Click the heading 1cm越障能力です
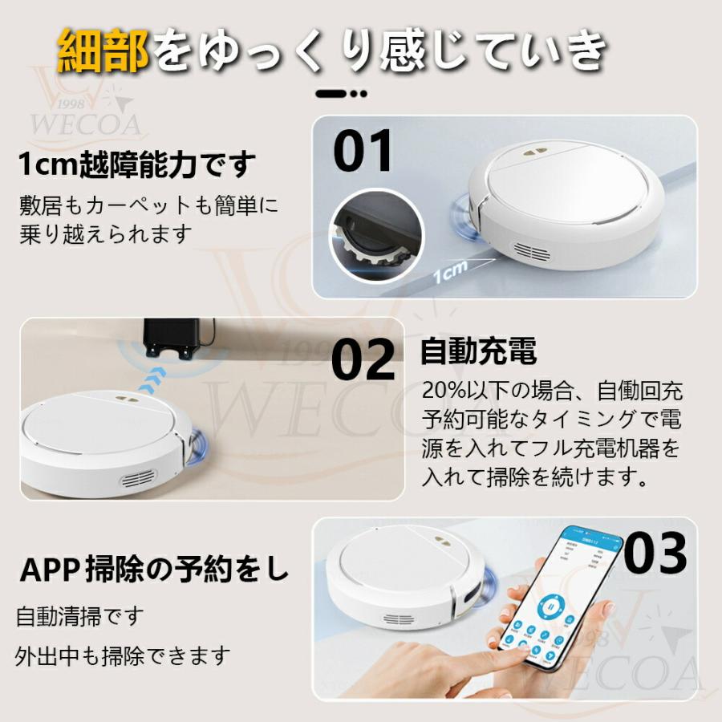point(137,165)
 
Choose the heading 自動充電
point(478,351)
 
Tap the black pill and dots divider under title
point(341,94)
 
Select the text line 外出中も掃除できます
point(123,655)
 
